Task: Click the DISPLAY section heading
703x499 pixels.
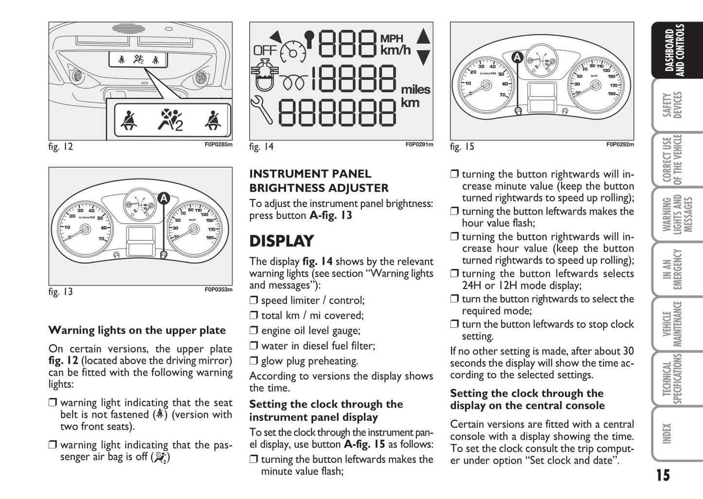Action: (282, 241)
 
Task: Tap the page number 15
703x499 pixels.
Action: (663, 475)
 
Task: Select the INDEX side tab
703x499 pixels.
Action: (667, 433)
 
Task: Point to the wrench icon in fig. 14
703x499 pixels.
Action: (262, 110)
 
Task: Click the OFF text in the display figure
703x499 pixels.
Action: (265, 51)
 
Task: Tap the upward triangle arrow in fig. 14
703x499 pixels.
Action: (424, 37)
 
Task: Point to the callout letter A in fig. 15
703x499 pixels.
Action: (517, 57)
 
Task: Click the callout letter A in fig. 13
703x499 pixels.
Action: (163, 198)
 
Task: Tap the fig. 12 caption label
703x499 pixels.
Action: (60, 146)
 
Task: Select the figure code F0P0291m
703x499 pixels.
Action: (419, 144)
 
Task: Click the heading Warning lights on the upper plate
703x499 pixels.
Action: (137, 330)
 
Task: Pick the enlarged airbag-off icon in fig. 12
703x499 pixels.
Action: (171, 120)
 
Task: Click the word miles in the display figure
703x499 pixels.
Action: (415, 89)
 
